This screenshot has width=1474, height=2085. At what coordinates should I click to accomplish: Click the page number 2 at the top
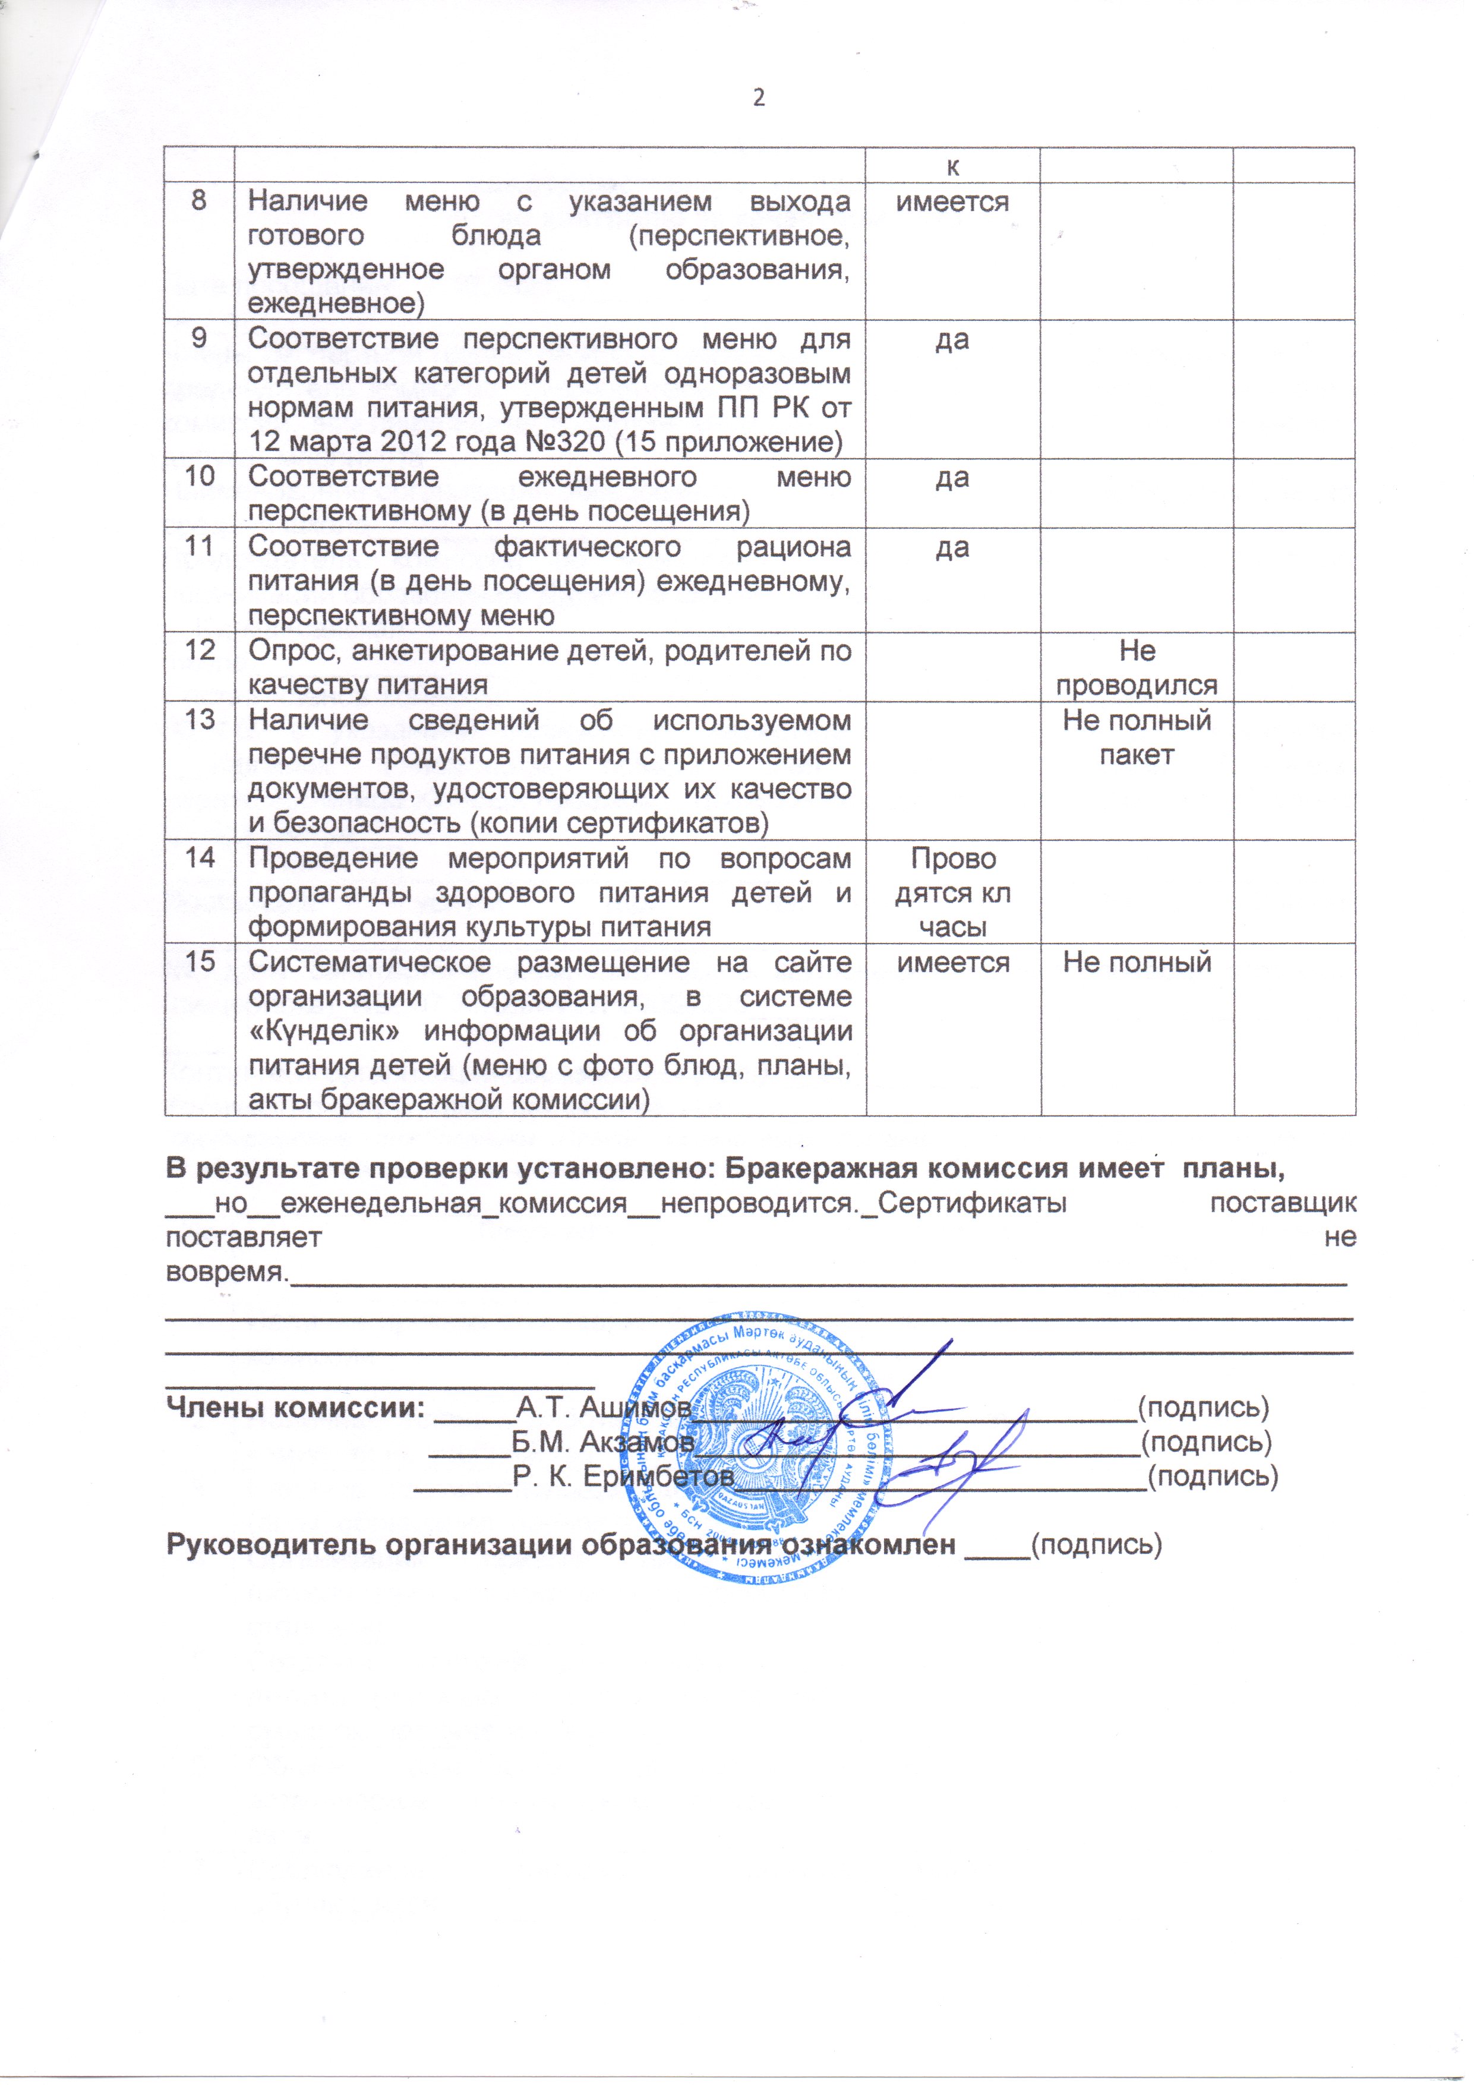[x=759, y=97]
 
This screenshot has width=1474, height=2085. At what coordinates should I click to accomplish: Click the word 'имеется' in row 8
[x=953, y=201]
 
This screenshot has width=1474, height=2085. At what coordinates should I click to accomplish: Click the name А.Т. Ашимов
[x=601, y=1406]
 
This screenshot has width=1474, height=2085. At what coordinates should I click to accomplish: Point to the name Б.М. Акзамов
[x=603, y=1441]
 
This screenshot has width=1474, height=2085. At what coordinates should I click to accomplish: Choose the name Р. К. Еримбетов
[x=623, y=1476]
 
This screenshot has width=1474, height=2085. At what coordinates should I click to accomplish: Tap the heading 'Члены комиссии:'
[x=295, y=1406]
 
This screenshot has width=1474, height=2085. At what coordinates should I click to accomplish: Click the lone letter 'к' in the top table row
[x=953, y=165]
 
